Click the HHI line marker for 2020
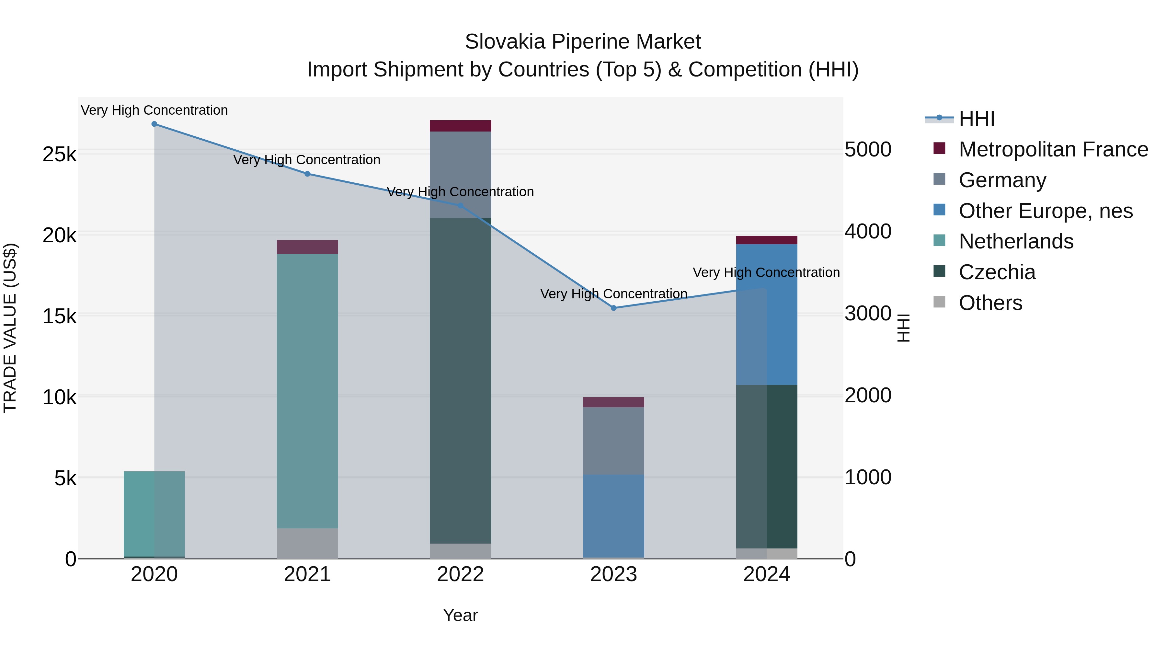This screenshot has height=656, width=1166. [154, 124]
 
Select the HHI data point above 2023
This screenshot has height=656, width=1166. [614, 308]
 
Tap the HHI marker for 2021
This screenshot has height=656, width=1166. [307, 174]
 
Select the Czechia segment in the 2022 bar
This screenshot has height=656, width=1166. [460, 380]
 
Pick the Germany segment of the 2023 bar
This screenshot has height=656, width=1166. [613, 441]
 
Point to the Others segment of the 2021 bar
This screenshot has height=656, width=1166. [307, 543]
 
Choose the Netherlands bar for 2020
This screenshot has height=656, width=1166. [154, 513]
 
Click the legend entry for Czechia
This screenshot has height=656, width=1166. [997, 272]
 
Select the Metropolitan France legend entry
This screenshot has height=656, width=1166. [1053, 149]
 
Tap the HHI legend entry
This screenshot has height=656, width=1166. [976, 119]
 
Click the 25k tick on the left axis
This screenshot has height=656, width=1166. [59, 155]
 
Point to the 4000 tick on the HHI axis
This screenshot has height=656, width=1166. [868, 232]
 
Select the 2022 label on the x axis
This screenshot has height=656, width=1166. [460, 574]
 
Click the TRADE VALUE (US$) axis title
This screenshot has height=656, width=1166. [10, 328]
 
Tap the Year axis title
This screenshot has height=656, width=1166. [460, 615]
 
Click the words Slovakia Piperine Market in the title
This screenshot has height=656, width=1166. [583, 42]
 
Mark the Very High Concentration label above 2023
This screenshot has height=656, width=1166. [613, 294]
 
